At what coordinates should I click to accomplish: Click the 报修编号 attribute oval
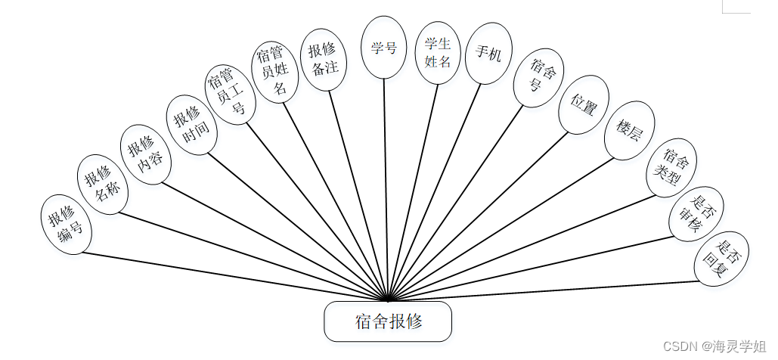(66, 225)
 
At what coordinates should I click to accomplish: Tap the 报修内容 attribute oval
(146, 151)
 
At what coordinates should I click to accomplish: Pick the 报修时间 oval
(191, 125)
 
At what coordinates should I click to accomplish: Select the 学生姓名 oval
(438, 53)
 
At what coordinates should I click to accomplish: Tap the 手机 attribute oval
(488, 54)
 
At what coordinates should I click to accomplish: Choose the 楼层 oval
(629, 130)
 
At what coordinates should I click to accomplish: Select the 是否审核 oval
(696, 213)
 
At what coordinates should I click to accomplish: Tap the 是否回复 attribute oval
(718, 259)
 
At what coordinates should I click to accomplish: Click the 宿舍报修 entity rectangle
(388, 321)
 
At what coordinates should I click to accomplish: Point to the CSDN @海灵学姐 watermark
(714, 346)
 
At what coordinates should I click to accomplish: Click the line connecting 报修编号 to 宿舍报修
(227, 274)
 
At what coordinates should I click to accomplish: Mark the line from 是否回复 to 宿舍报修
(544, 290)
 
